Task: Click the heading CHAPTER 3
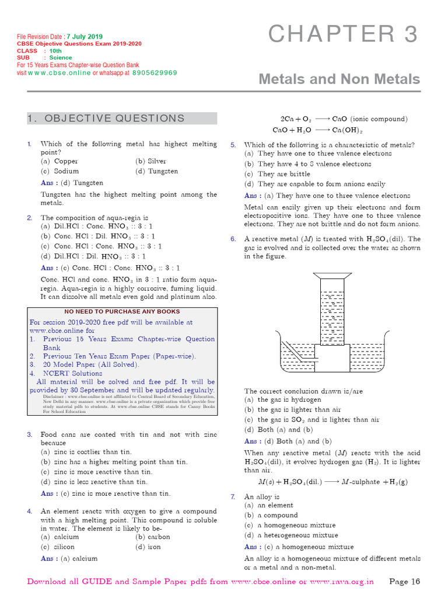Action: [343, 34]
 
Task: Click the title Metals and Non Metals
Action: [339, 79]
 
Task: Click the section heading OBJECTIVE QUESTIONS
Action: [106, 119]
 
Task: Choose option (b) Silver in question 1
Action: [150, 161]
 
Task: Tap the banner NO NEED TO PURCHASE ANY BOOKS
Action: [122, 311]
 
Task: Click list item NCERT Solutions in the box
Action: [71, 373]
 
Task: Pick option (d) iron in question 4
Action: [148, 547]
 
